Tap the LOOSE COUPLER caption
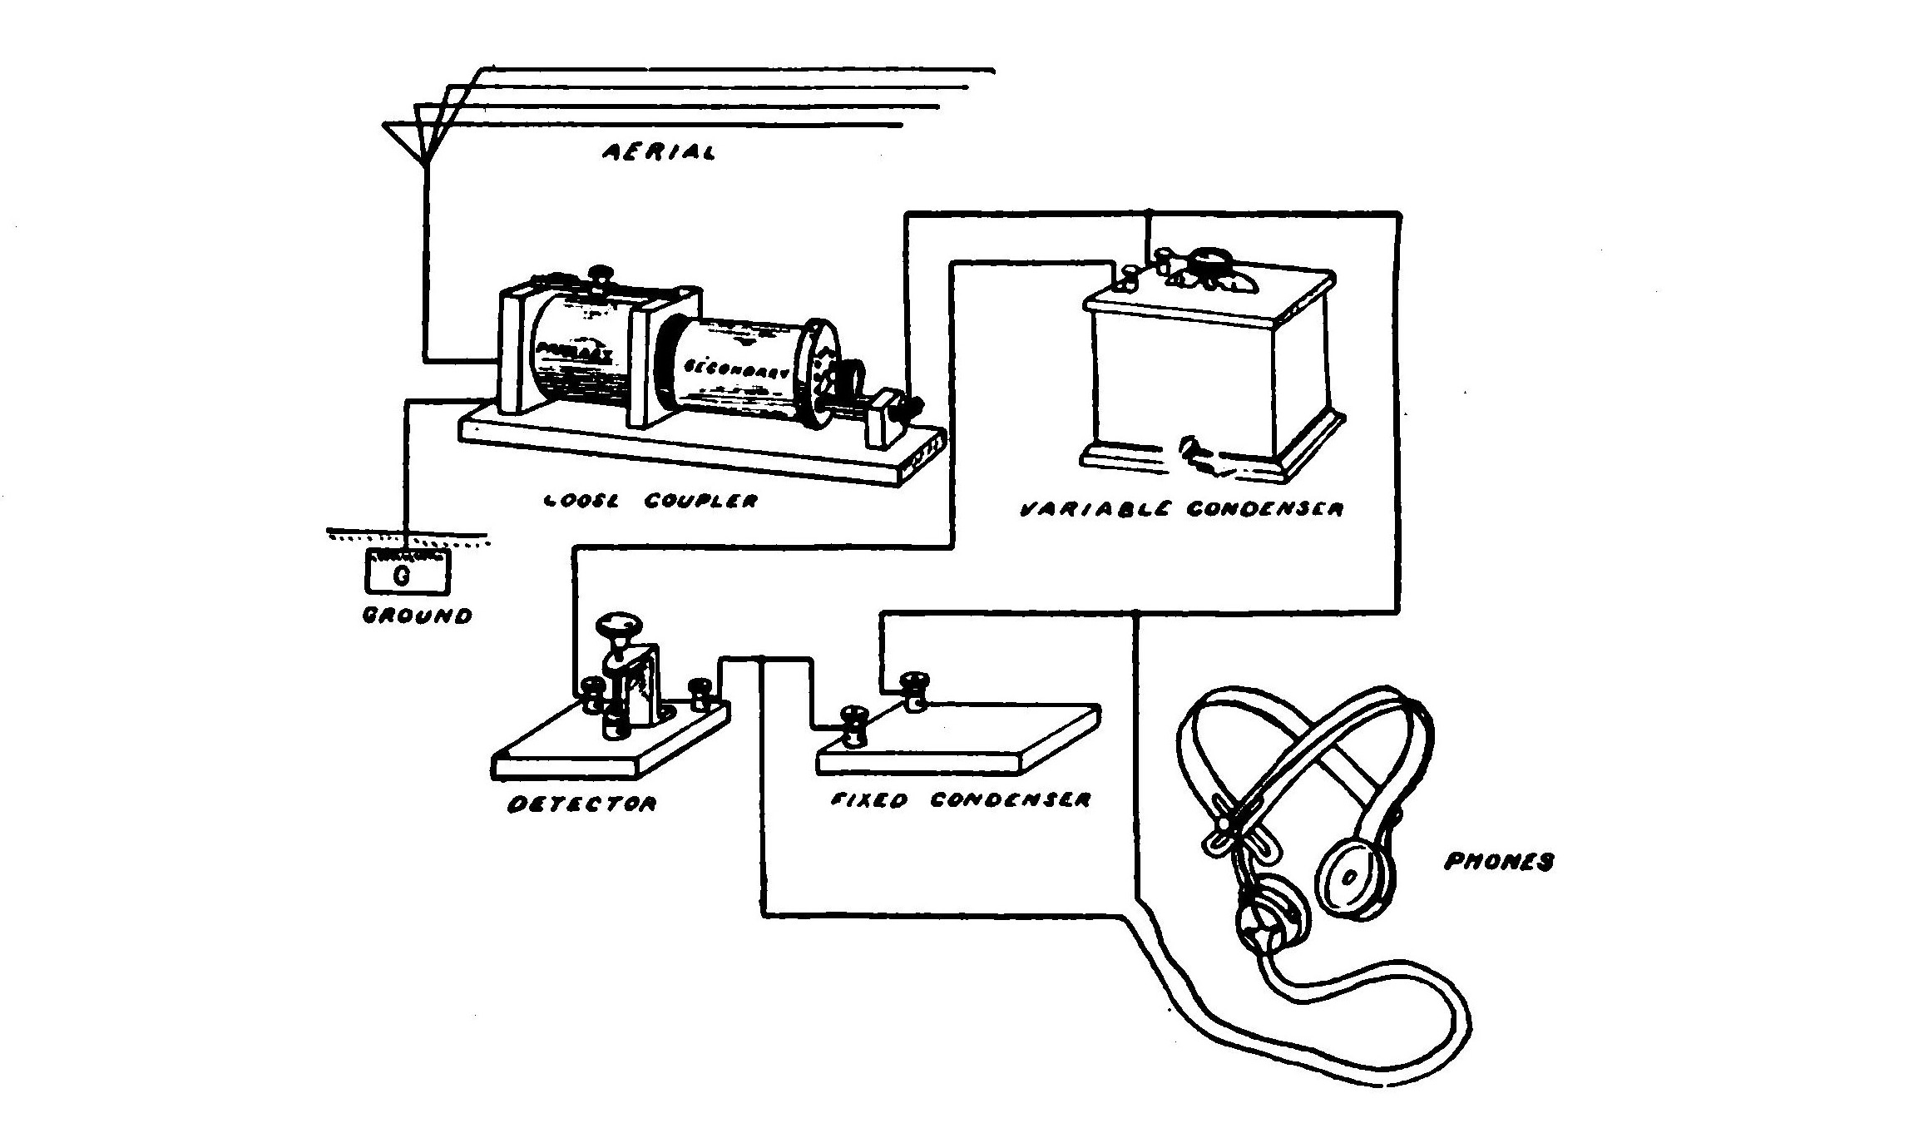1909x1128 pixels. point(650,502)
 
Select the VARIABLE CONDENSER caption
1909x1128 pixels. point(1181,509)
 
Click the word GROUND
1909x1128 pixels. point(418,616)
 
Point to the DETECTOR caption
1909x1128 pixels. point(581,804)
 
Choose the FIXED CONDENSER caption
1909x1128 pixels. point(961,800)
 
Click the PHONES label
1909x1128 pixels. point(1498,862)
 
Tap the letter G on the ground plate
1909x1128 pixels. point(402,576)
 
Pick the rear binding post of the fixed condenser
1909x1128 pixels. point(915,690)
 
